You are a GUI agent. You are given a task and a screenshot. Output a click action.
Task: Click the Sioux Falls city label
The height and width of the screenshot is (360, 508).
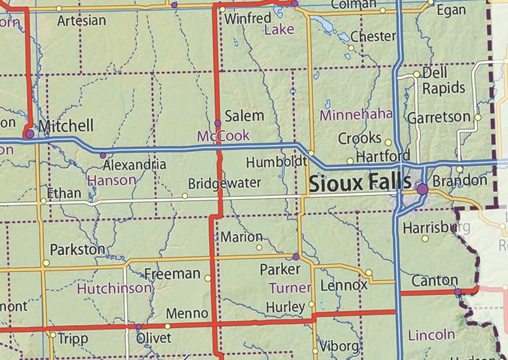(360, 184)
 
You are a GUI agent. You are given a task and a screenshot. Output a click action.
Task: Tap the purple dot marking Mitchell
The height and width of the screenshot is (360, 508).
(30, 134)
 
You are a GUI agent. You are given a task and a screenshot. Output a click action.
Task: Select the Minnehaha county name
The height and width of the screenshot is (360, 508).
(357, 114)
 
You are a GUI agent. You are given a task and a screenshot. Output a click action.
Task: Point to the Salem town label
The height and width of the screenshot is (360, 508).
(244, 116)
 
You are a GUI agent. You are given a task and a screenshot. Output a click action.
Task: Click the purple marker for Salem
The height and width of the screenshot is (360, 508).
(217, 123)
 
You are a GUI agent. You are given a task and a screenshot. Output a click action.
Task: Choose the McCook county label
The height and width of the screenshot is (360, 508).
(223, 136)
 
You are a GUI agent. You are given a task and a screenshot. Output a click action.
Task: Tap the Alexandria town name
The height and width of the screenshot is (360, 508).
(134, 164)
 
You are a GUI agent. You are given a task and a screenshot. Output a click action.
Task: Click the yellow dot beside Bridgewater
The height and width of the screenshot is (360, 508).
(185, 196)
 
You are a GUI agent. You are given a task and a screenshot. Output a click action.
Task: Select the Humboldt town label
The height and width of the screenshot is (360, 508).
(276, 161)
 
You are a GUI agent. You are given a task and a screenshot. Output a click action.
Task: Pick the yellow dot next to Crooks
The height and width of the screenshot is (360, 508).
(388, 142)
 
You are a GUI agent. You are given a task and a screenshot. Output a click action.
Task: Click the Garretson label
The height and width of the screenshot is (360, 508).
(439, 117)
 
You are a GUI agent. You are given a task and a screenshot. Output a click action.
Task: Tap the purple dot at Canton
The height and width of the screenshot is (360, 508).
(458, 292)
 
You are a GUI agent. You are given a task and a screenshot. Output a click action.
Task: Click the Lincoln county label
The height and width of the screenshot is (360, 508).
(431, 334)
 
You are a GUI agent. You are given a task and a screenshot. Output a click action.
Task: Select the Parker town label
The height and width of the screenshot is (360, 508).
(280, 269)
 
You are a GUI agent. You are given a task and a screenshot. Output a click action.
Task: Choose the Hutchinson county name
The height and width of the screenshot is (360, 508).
(114, 288)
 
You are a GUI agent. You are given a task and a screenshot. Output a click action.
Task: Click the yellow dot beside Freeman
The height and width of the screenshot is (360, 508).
(207, 277)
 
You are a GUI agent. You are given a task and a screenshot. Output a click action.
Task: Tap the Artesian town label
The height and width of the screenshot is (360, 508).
(81, 21)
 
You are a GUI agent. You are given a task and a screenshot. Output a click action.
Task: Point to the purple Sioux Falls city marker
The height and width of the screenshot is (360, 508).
(422, 188)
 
